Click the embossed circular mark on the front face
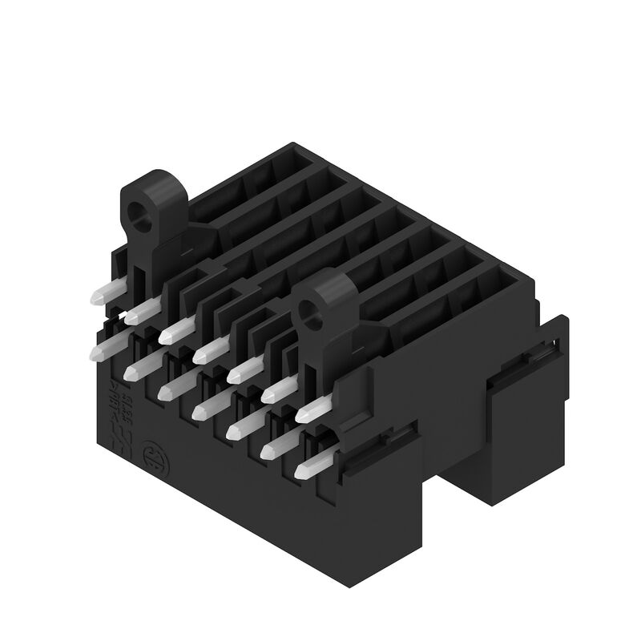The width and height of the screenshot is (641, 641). tap(150, 455)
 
